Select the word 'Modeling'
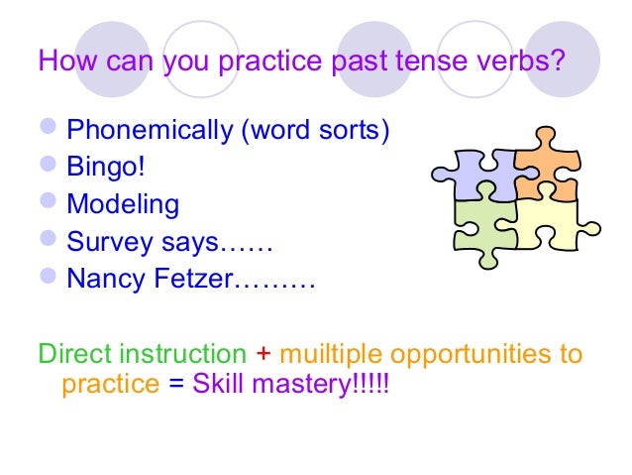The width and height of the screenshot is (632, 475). (123, 205)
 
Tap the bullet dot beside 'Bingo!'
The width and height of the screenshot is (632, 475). (50, 168)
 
